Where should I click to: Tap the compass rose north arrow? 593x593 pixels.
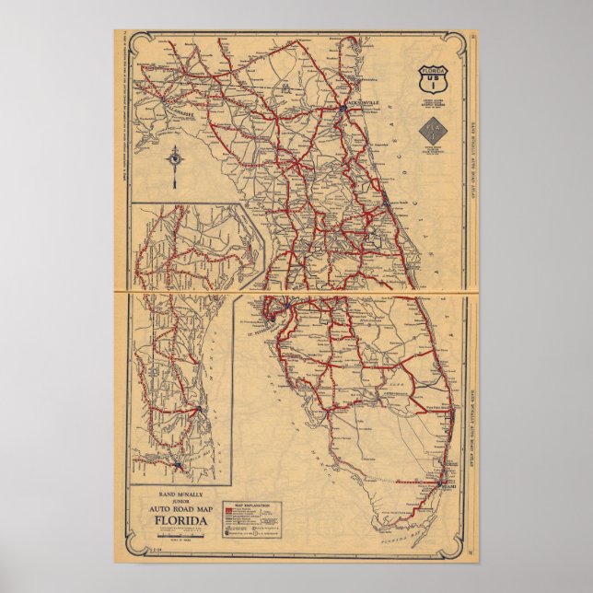[172, 160]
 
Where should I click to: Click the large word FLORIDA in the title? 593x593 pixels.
[180, 525]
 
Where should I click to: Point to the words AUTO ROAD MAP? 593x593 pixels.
[180, 511]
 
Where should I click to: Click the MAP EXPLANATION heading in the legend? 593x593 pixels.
[253, 506]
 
